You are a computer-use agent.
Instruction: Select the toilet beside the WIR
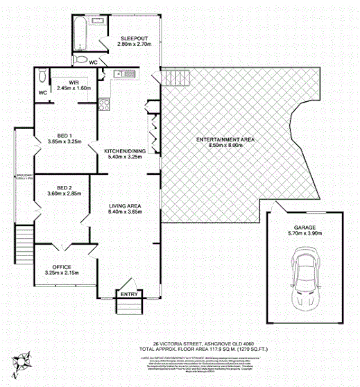point(43,76)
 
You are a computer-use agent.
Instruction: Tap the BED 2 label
point(63,188)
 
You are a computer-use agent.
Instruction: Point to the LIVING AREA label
point(125,206)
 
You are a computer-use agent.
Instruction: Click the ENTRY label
point(128,294)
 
